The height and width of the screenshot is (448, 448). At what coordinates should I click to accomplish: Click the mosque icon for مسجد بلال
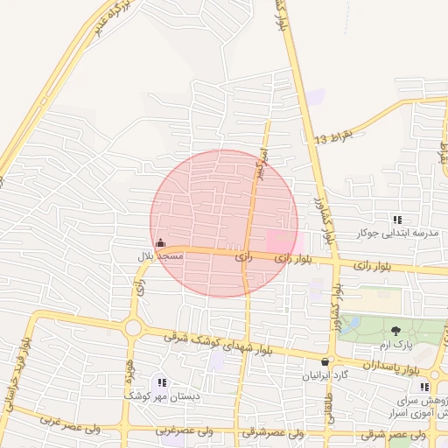[159, 242]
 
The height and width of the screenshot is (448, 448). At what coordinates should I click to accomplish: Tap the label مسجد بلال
[159, 256]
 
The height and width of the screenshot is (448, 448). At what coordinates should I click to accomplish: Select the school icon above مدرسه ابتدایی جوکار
[397, 220]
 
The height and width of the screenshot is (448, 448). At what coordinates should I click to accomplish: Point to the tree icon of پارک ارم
[395, 330]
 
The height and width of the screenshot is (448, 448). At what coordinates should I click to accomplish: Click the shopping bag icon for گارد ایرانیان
[325, 361]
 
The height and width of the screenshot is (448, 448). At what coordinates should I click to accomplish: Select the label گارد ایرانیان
[325, 375]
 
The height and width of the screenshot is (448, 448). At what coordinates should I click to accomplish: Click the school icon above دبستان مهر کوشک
[161, 382]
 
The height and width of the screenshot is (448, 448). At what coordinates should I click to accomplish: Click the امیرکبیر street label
[259, 164]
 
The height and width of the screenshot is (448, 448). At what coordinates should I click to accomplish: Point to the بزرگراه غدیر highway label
[107, 17]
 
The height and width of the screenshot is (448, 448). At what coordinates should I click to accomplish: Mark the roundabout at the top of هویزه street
[133, 328]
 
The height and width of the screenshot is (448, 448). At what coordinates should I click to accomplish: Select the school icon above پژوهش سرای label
[424, 387]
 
